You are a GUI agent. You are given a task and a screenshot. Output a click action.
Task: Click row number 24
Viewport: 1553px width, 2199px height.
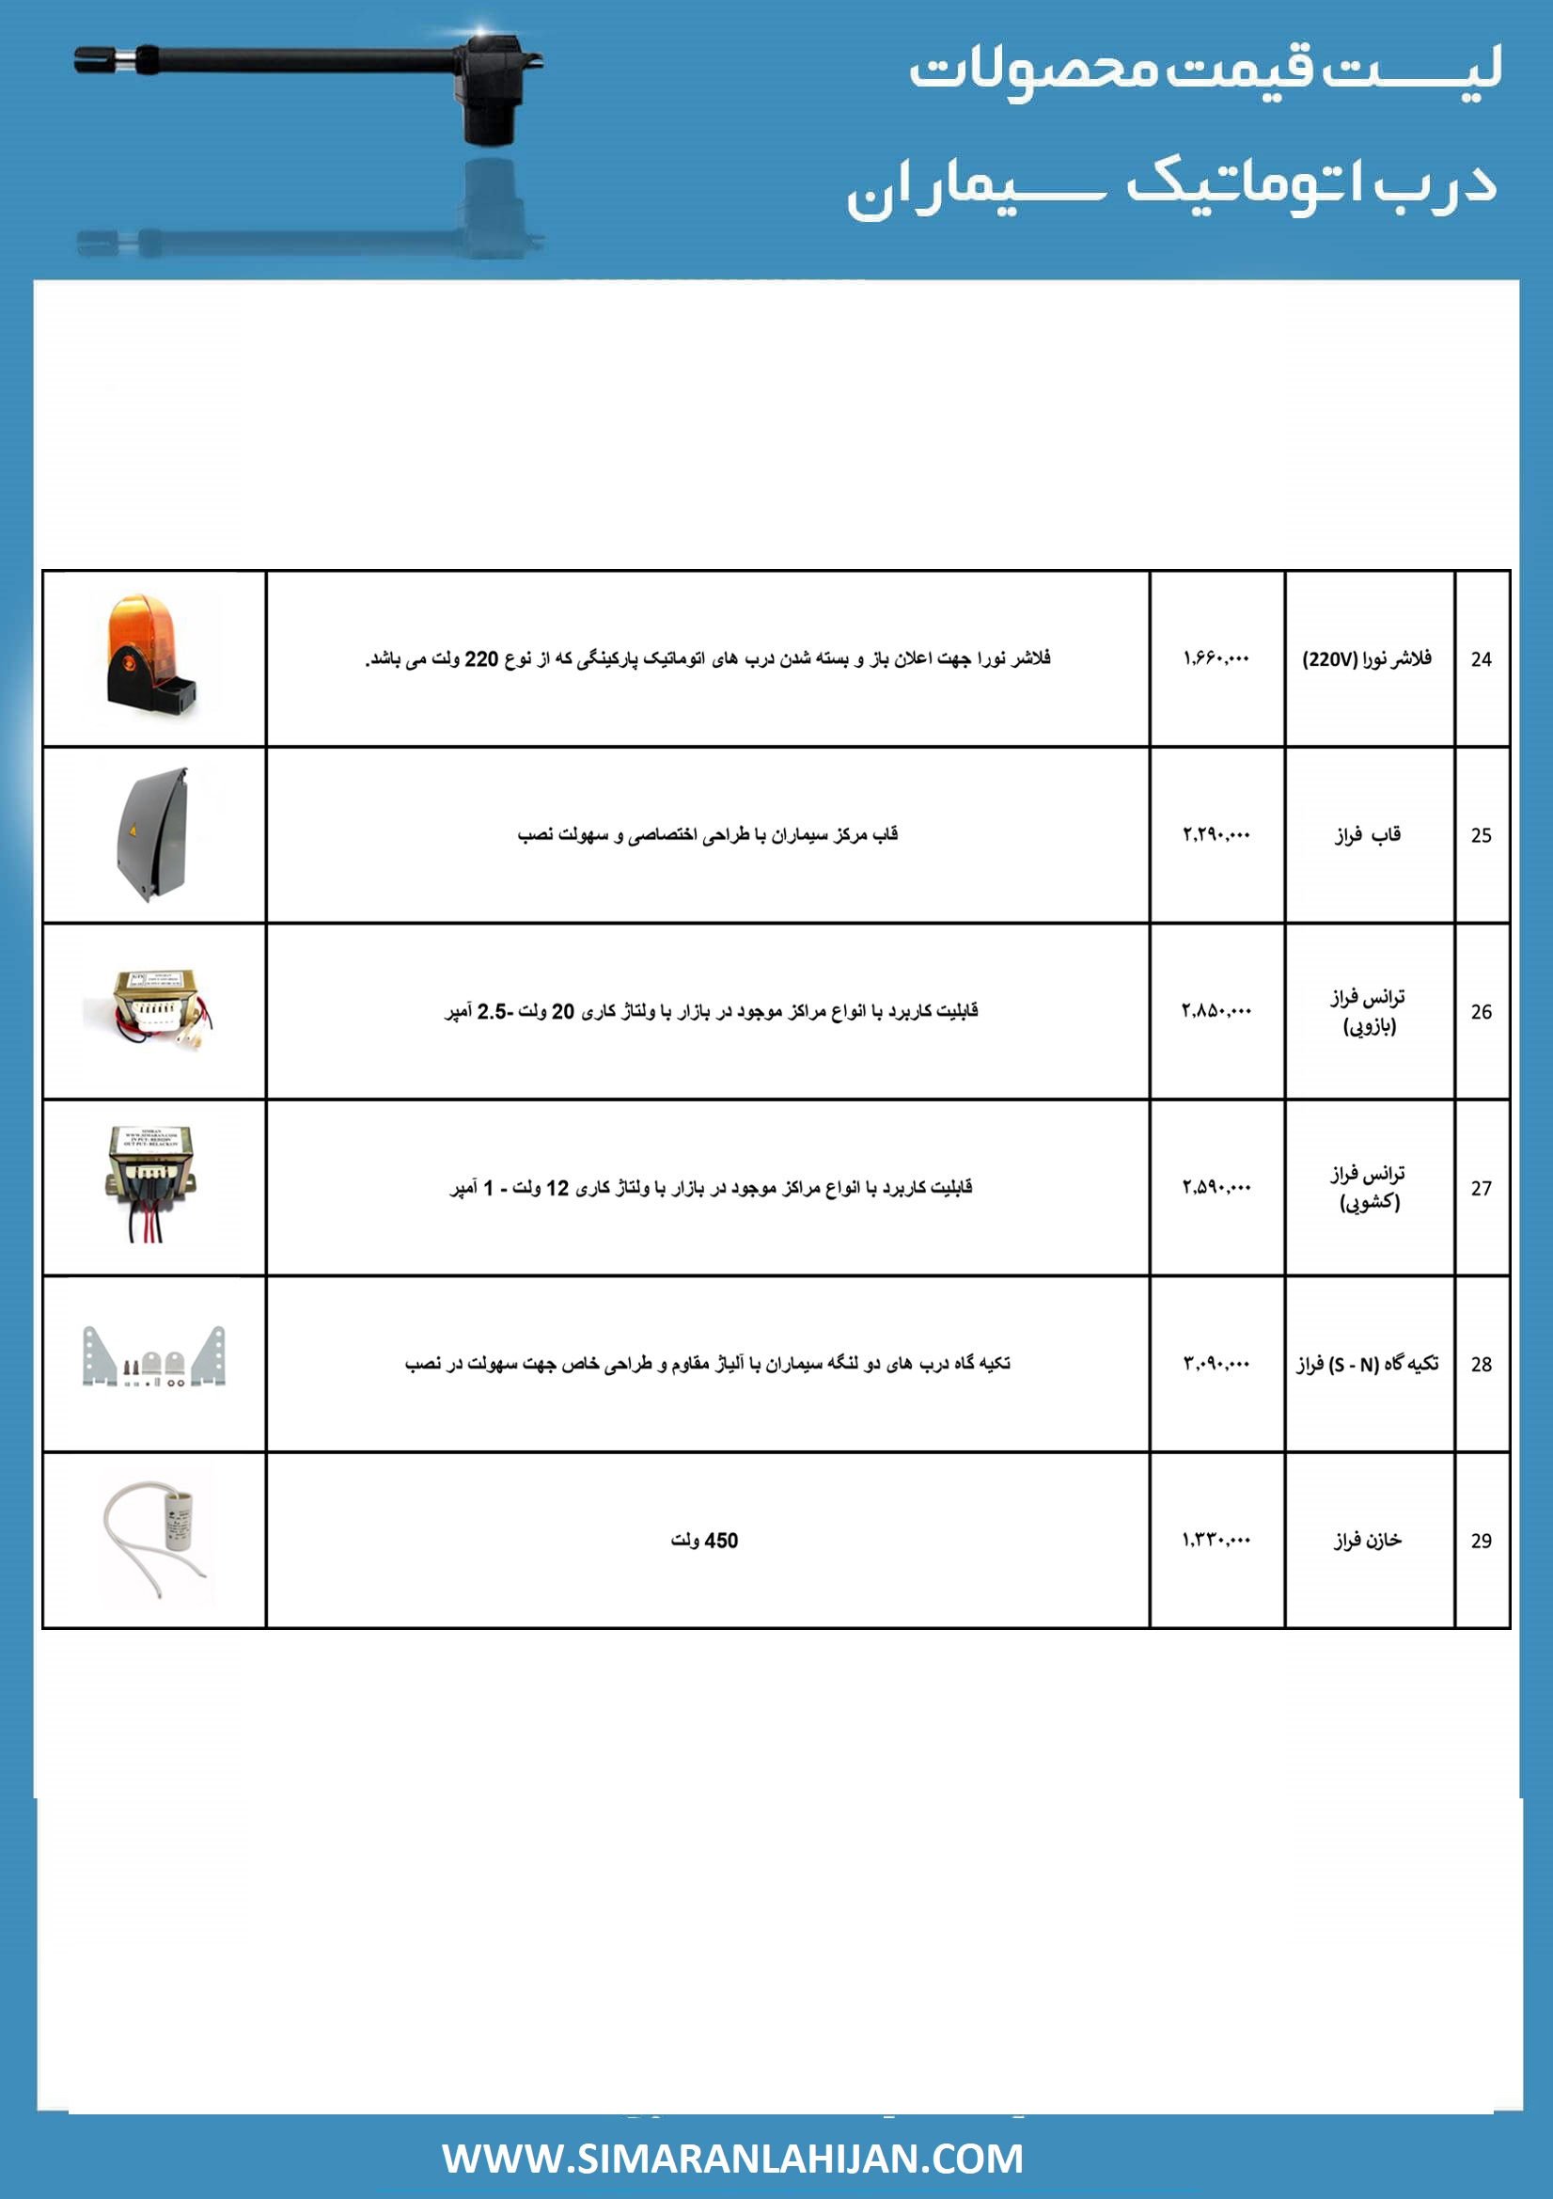1481,659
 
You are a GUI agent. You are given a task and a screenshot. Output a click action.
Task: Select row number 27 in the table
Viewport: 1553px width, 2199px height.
1481,1188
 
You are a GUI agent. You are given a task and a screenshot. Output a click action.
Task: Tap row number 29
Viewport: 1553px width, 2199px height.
1481,1540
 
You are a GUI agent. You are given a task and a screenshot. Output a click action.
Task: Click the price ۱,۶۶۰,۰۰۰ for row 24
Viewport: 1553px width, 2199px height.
1216,658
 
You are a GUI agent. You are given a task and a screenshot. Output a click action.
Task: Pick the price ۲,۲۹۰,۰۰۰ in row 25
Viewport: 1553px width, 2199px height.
1216,834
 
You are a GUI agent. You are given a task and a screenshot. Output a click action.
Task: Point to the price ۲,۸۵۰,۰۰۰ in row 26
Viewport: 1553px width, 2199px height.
1216,1010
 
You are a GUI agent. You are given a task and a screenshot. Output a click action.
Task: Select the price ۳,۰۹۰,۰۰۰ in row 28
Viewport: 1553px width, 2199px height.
1216,1363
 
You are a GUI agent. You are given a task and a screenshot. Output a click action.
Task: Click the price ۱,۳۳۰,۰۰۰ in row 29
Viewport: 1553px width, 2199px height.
1216,1540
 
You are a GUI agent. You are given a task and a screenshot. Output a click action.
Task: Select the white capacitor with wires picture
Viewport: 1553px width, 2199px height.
155,1539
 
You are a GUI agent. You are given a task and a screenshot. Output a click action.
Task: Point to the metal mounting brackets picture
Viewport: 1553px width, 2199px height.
154,1357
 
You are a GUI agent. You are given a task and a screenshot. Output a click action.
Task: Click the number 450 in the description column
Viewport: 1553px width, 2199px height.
721,1540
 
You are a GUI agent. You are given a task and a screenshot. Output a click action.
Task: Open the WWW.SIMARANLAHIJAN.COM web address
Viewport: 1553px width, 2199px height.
732,2159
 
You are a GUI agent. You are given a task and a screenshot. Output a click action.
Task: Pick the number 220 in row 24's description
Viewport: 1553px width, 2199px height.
481,659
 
